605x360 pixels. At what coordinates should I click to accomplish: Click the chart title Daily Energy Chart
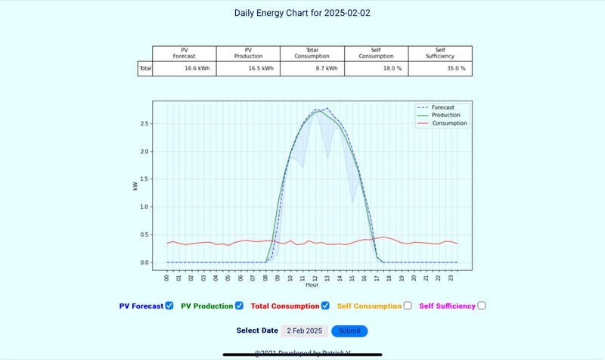[x=302, y=13]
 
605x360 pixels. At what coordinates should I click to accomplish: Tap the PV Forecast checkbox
[x=169, y=306]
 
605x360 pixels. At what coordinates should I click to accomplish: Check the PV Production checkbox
[x=239, y=306]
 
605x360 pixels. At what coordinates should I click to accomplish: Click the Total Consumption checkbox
[x=325, y=306]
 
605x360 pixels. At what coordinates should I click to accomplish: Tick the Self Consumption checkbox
[x=408, y=306]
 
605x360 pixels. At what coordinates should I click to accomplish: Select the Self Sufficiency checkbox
[x=482, y=306]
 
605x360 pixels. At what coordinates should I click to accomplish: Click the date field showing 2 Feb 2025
[x=304, y=331]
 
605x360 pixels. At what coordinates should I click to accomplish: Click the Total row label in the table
[x=145, y=69]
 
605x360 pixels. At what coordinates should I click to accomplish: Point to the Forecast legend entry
[x=442, y=107]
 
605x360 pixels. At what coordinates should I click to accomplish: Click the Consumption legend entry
[x=448, y=123]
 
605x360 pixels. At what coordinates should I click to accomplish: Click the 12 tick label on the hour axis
[x=315, y=278]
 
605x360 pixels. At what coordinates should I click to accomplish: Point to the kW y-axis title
[x=135, y=185]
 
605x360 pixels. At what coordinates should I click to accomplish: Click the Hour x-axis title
[x=312, y=285]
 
